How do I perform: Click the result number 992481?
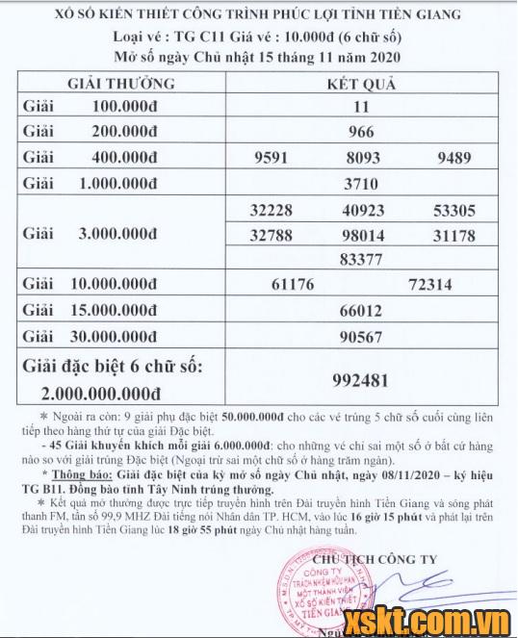(x=361, y=379)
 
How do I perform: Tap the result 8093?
(x=361, y=157)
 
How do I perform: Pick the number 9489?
(x=456, y=157)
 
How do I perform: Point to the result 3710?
(x=361, y=182)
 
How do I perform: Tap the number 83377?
(x=361, y=259)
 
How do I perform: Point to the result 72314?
(x=429, y=285)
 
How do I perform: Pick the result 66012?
(x=361, y=311)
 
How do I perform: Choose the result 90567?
(x=361, y=336)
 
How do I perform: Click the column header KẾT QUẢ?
(x=361, y=84)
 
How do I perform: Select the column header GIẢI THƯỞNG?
(x=120, y=84)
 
